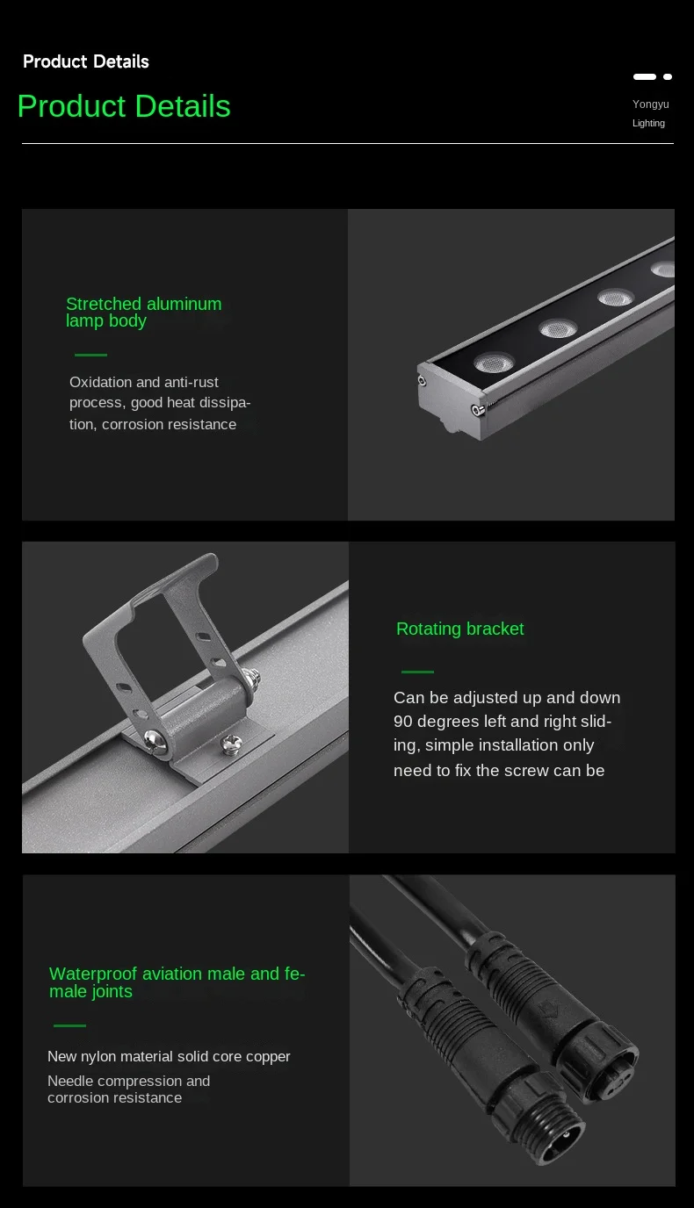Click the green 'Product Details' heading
pos(124,106)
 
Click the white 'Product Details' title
pos(86,61)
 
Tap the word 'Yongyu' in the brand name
pos(650,104)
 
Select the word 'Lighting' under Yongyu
pos(648,123)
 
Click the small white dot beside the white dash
pos(668,77)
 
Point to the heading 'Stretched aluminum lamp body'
pos(143,313)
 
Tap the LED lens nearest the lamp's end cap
pos(495,363)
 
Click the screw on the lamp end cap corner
pos(478,410)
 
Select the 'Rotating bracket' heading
pos(459,629)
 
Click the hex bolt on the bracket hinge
pos(250,678)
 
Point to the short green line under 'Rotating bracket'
pos(417,672)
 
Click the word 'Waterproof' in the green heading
pos(94,974)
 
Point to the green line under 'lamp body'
pos(90,355)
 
